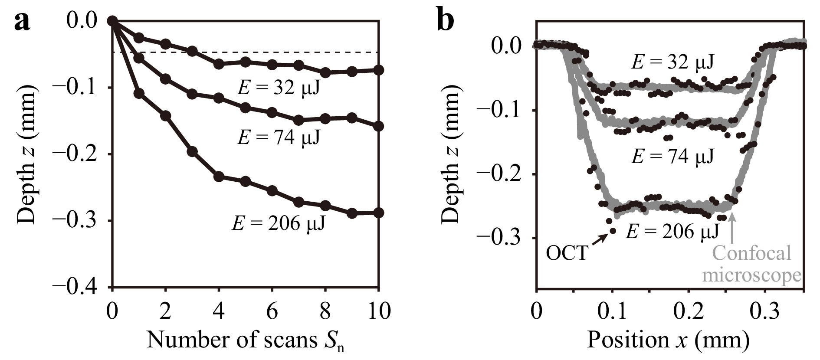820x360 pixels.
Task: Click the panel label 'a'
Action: pyautogui.click(x=23, y=22)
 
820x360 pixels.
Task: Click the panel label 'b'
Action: pyautogui.click(x=446, y=22)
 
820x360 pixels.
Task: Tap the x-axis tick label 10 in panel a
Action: pyautogui.click(x=378, y=311)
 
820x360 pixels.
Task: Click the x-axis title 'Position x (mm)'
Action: pyautogui.click(x=668, y=340)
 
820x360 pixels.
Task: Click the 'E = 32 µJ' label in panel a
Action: pyautogui.click(x=279, y=88)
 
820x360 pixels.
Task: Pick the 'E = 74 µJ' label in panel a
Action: pyautogui.click(x=279, y=138)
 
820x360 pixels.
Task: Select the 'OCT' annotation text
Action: pyautogui.click(x=567, y=253)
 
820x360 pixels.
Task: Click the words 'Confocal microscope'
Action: pyautogui.click(x=752, y=264)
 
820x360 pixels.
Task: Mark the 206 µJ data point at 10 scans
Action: pyautogui.click(x=379, y=213)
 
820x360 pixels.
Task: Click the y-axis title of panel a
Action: pyautogui.click(x=26, y=154)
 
